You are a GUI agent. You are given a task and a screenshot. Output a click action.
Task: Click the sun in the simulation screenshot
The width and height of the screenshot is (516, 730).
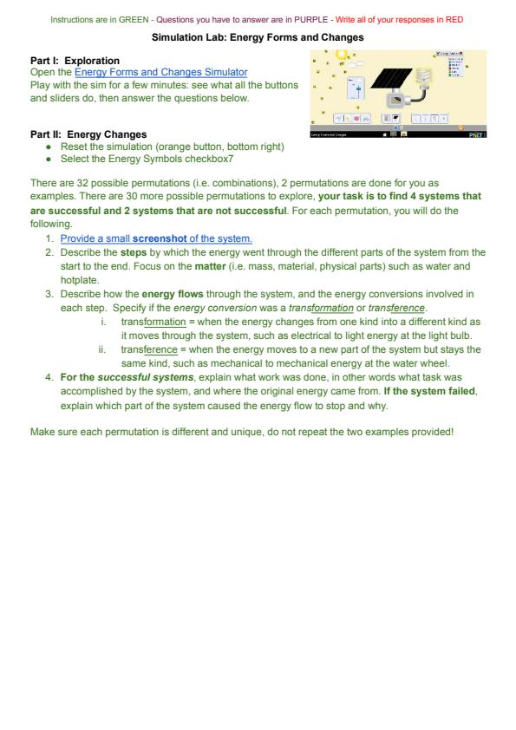[342, 54]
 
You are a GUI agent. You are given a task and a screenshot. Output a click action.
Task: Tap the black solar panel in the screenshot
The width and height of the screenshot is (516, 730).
[392, 79]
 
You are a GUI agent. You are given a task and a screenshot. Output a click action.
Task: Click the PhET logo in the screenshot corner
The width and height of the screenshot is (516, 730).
[476, 134]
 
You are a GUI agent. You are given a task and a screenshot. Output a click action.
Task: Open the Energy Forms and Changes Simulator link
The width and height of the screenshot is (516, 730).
[161, 72]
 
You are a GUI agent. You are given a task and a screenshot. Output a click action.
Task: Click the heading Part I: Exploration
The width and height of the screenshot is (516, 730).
[75, 61]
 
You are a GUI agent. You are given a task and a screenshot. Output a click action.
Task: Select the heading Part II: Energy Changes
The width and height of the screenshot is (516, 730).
[88, 134]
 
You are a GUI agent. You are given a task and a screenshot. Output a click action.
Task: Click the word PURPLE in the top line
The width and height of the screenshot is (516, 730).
[311, 20]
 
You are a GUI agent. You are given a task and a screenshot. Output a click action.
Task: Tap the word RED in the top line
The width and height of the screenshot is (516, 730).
[454, 20]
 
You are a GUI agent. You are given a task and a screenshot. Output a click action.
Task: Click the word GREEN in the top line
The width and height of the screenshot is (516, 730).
[134, 20]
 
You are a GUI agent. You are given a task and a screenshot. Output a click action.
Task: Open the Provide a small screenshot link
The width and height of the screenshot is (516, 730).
[156, 238]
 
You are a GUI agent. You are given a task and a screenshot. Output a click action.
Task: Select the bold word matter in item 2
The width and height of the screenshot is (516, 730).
[210, 266]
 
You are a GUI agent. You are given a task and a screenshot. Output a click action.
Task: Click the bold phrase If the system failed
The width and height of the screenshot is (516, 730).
[429, 391]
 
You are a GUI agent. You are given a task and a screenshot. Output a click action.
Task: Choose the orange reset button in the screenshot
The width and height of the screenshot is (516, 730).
[461, 127]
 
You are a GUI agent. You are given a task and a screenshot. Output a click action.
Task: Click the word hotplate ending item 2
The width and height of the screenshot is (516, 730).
[80, 280]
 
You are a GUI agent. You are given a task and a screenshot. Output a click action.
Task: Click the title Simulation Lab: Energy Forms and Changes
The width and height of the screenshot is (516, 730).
[258, 37]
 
